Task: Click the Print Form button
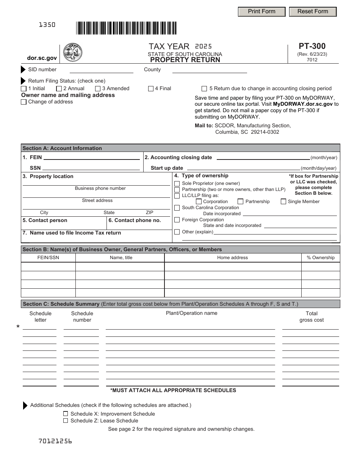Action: pos(261,11)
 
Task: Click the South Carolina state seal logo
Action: pos(72,52)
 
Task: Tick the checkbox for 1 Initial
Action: pos(24,89)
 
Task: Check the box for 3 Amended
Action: pos(98,89)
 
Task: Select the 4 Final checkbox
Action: pos(151,89)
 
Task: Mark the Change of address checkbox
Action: pos(24,102)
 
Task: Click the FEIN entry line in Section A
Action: pos(91,158)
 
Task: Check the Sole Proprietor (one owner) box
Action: pos(177,183)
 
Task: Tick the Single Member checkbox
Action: pos(283,202)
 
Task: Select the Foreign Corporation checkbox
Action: pos(177,220)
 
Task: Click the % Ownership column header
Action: pos(321,258)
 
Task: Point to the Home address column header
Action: pos(232,258)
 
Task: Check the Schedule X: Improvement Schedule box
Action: pos(66,414)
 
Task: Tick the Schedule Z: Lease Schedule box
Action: pos(66,421)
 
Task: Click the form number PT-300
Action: pos(312,46)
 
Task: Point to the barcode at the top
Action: pos(126,28)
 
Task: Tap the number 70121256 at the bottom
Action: pos(55,441)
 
